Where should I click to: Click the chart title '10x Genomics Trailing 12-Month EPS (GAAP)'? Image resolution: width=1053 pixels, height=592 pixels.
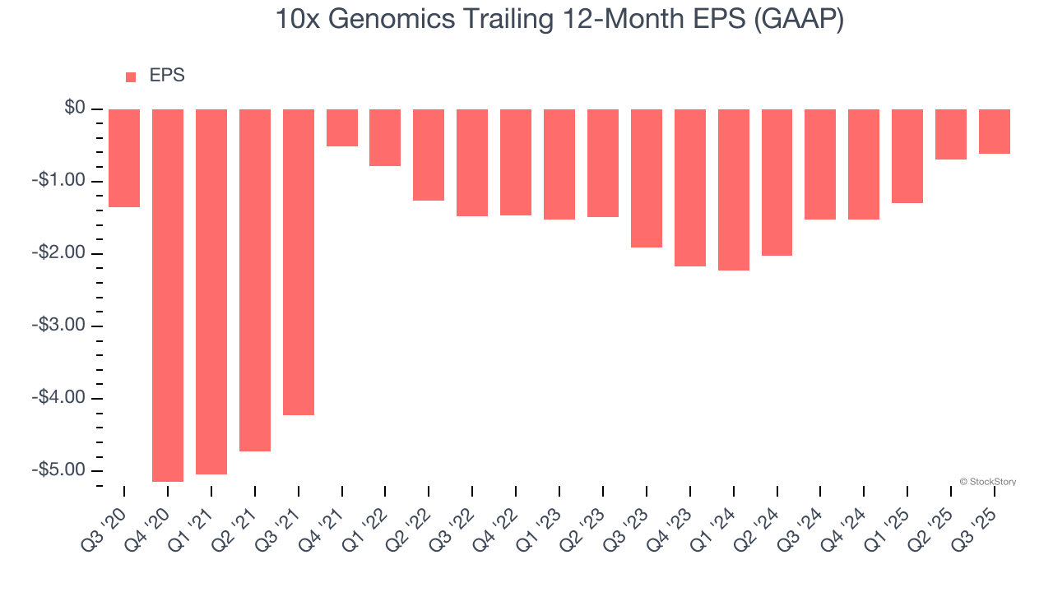point(559,20)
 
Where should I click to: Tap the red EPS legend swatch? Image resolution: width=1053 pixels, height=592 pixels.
point(131,77)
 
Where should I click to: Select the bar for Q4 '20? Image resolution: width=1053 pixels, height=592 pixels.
point(168,295)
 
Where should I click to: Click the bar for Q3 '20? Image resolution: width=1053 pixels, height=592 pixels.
point(124,158)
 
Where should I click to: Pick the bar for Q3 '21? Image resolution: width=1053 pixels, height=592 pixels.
point(299,261)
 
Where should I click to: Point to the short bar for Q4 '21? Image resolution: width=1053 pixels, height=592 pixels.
point(342,127)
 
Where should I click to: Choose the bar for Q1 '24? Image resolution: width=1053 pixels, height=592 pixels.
point(734,189)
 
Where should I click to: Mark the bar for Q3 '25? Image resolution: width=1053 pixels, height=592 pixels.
point(995,132)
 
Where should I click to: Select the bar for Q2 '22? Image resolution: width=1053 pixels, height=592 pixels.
point(429,155)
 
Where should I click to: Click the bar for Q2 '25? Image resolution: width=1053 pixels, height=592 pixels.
point(951,134)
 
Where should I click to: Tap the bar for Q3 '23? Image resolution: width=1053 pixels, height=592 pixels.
point(647,178)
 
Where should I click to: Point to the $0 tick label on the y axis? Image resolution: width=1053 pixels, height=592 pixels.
point(75,109)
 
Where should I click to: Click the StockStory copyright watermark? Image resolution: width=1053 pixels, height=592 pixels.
point(987,482)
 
